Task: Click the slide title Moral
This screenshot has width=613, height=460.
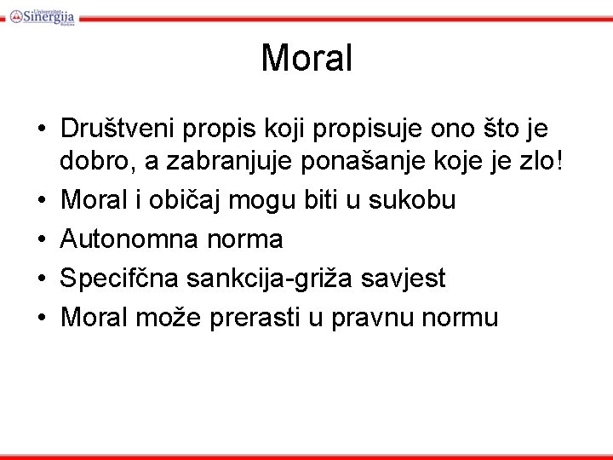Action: [306, 58]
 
